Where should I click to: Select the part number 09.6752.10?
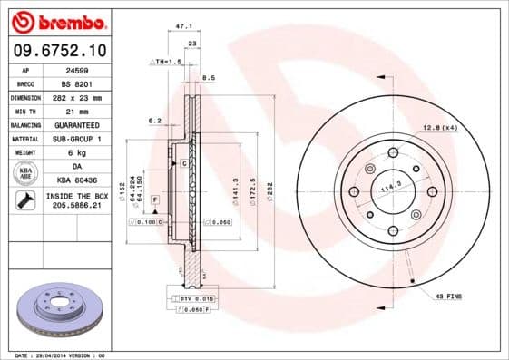coord(59,49)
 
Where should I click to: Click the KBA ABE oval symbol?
coord(26,173)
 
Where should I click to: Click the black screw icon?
coord(26,201)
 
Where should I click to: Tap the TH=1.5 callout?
coord(167,61)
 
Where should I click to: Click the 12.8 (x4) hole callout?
coord(437,126)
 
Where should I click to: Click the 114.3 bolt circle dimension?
coord(390,188)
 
